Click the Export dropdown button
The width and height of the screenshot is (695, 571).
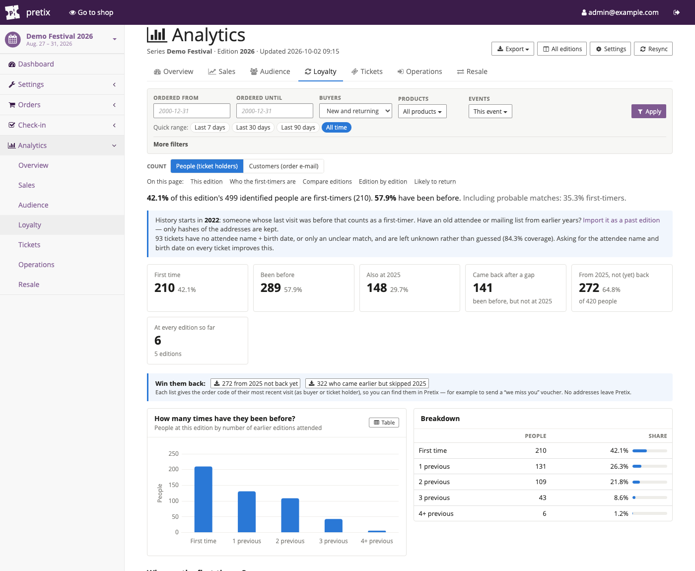512,49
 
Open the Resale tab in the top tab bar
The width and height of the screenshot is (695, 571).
472,71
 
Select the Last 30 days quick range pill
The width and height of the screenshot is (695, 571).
253,128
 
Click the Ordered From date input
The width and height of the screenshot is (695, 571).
192,111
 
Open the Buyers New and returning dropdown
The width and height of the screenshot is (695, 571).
355,111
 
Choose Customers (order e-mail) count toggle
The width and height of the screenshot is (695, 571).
283,166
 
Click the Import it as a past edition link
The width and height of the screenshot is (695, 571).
621,220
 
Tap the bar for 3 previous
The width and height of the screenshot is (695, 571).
333,525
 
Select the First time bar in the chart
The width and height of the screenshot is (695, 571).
203,499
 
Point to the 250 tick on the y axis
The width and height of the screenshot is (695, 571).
173,454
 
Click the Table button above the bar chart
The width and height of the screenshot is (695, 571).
384,423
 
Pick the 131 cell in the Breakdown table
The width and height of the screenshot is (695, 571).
541,467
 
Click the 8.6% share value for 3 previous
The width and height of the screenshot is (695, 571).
621,498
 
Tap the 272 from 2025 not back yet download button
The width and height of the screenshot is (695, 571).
255,383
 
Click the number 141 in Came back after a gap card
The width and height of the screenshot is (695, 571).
483,288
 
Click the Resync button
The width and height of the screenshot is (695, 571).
653,49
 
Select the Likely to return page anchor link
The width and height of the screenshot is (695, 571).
435,182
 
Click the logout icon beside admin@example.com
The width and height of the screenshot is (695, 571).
676,12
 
